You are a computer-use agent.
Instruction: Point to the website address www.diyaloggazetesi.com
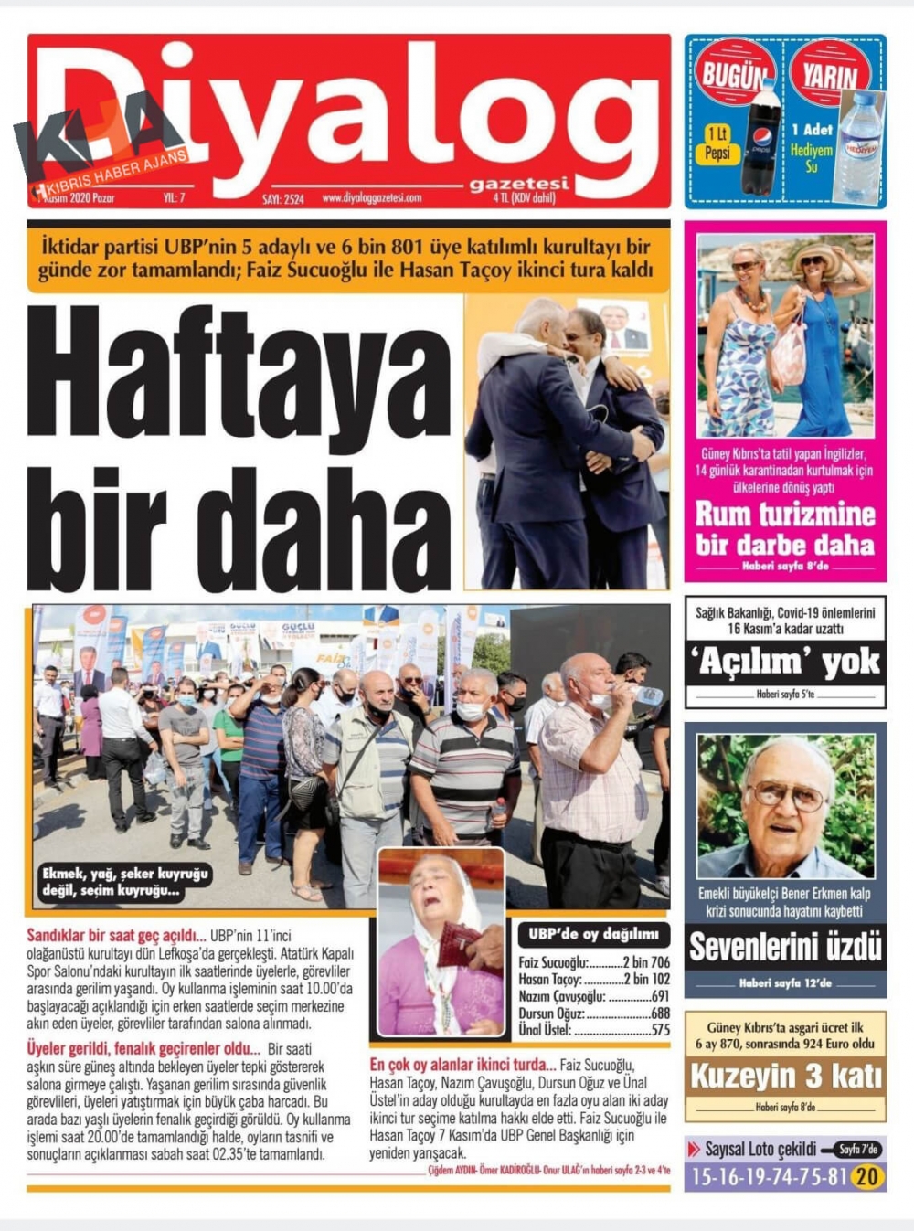click(x=372, y=197)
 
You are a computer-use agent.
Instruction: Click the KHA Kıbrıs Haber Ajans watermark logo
click(x=101, y=137)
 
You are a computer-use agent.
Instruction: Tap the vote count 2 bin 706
click(x=646, y=962)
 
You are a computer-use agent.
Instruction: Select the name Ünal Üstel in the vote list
click(x=545, y=1030)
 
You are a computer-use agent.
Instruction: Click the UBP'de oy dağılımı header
click(x=593, y=934)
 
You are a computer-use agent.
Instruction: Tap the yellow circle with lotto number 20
click(x=866, y=1176)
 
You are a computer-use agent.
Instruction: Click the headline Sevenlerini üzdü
click(x=785, y=947)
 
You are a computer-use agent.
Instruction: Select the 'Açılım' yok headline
click(x=785, y=662)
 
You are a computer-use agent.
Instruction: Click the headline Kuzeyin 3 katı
click(x=785, y=1076)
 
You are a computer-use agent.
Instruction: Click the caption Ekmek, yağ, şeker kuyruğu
click(x=125, y=874)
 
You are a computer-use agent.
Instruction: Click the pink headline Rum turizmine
click(x=785, y=514)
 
